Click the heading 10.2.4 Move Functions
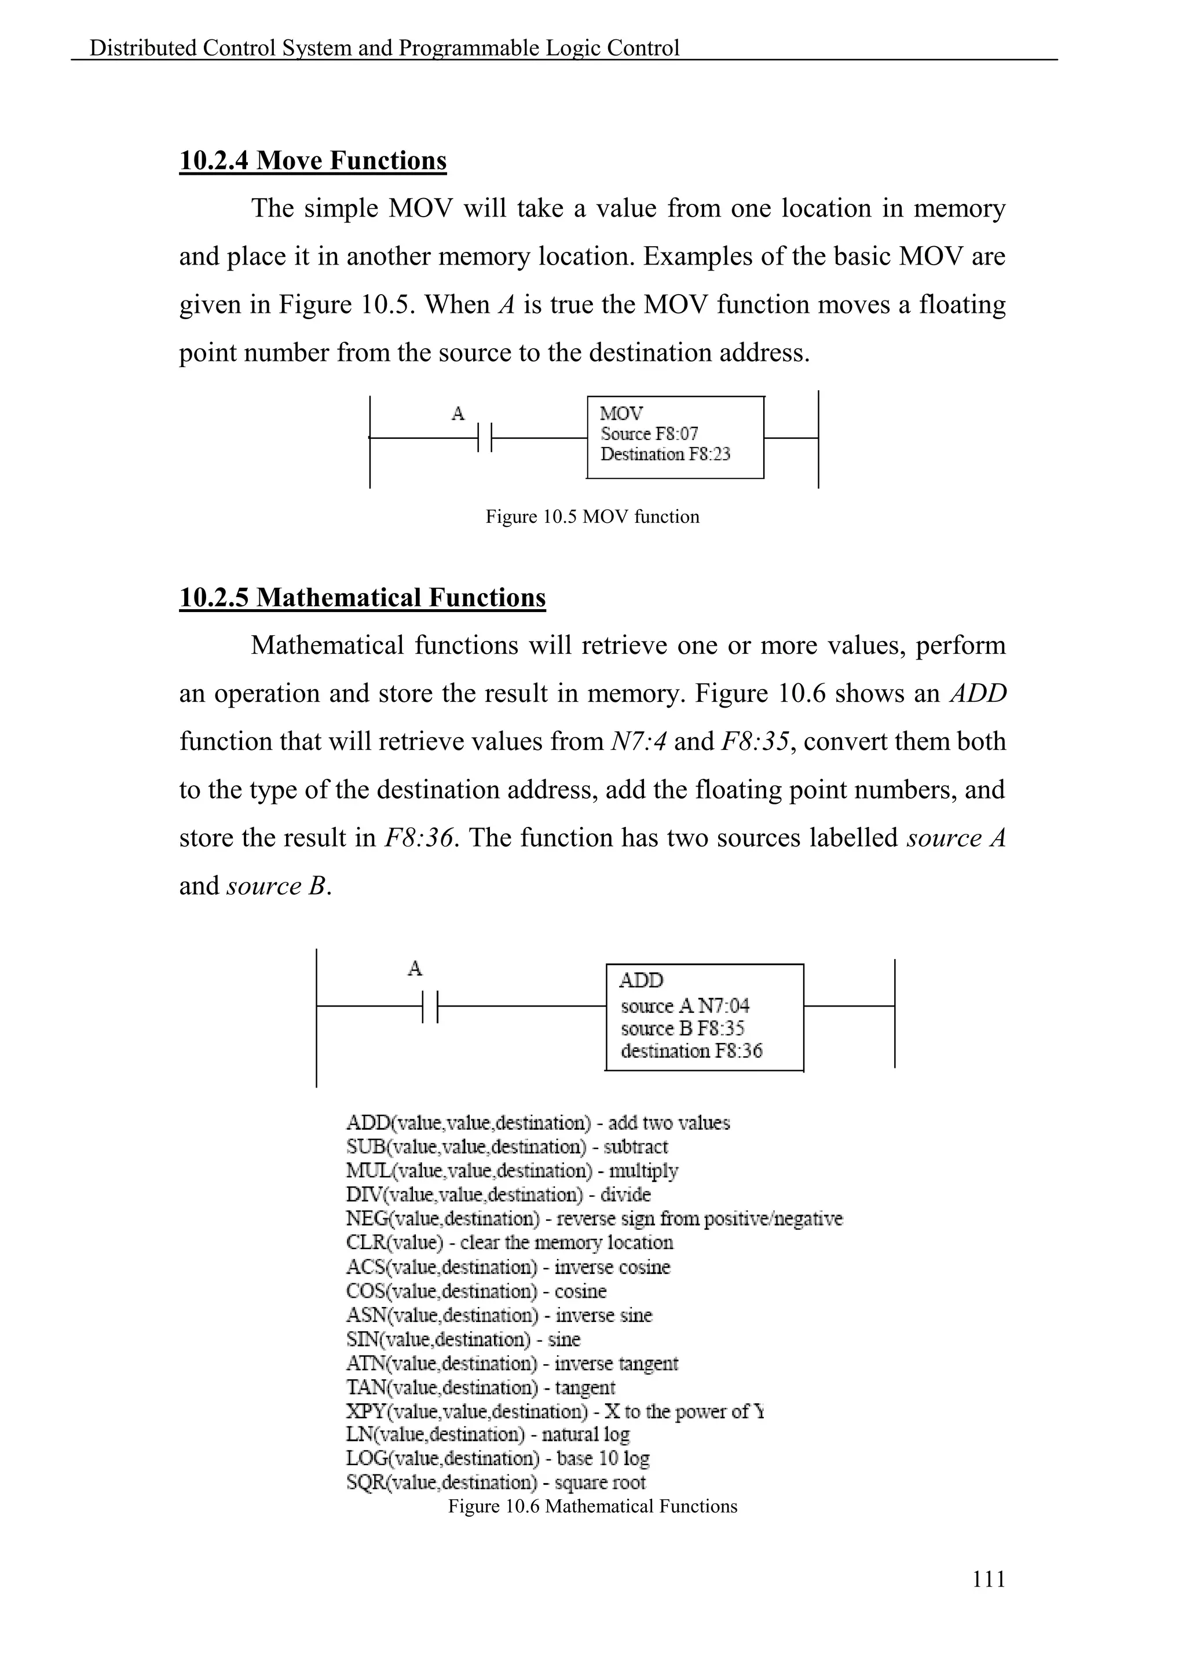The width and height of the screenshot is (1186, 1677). (313, 160)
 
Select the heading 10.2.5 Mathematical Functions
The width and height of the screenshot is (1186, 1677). (362, 598)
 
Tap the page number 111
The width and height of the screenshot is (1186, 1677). (988, 1580)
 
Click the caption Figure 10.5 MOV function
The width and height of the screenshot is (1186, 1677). (592, 517)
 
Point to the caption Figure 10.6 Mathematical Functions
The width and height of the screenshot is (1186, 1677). (592, 1506)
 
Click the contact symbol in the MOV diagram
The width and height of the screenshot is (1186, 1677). (485, 438)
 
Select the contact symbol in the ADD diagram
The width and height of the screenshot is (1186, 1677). (430, 1006)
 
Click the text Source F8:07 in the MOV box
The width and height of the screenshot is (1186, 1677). (649, 434)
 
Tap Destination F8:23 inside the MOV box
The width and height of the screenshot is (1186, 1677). (665, 455)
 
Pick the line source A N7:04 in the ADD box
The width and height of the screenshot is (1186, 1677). (684, 1006)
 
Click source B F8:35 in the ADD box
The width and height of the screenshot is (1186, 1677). (682, 1028)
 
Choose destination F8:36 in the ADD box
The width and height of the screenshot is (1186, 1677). (691, 1051)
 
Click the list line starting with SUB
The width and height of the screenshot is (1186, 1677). (507, 1147)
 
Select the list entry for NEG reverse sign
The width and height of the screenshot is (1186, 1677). (594, 1219)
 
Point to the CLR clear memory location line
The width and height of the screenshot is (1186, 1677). (509, 1243)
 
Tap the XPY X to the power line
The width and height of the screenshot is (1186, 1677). (554, 1411)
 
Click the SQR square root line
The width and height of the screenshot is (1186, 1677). (496, 1482)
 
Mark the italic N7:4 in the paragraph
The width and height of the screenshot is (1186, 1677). (638, 742)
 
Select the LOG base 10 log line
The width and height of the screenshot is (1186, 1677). (497, 1459)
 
